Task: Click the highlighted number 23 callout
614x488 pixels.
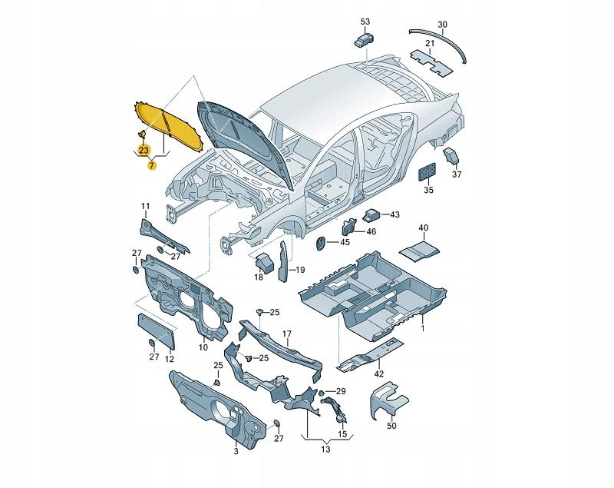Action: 144,150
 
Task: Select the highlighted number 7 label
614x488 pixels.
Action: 151,166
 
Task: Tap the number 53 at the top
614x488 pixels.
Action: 365,22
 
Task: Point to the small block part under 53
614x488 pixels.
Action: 364,39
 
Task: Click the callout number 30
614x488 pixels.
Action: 442,25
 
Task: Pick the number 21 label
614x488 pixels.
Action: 430,43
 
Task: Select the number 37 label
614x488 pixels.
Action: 457,174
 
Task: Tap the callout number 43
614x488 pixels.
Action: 394,214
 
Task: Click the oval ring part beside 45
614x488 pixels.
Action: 320,243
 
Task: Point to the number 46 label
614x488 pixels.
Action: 371,231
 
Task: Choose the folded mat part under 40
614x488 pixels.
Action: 419,250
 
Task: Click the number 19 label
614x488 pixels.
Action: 300,270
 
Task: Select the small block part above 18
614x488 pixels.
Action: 264,262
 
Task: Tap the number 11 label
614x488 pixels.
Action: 145,206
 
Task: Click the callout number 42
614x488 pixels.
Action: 379,374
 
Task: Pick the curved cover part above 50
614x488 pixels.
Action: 388,400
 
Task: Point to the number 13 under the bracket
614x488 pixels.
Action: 325,450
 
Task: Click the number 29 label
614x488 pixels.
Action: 341,391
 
